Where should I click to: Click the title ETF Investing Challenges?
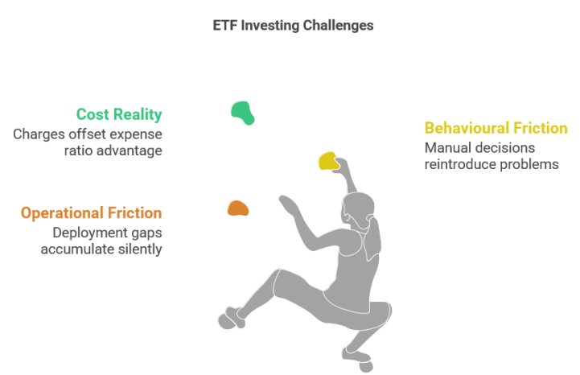click(292, 25)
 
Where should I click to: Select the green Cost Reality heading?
click(118, 114)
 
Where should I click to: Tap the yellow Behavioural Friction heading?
click(496, 128)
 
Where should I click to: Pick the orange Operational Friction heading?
click(91, 213)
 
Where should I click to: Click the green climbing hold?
click(242, 113)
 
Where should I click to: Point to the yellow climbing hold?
click(328, 161)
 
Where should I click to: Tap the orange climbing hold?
click(237, 208)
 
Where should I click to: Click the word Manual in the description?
click(446, 148)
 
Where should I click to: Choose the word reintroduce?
click(463, 164)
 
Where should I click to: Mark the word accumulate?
click(74, 249)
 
